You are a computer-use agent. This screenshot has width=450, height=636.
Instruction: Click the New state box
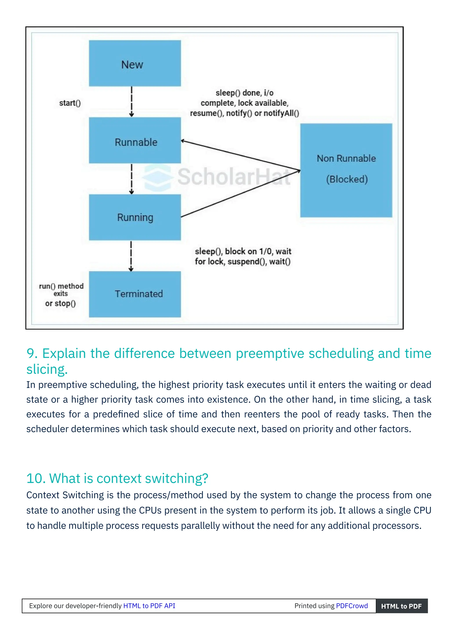point(135,63)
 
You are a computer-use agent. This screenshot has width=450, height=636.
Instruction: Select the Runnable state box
point(135,140)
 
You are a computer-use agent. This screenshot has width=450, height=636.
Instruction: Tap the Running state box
point(135,217)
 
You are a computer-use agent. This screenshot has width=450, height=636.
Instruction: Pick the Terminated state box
point(135,294)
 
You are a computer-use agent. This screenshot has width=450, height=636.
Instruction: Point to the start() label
point(70,103)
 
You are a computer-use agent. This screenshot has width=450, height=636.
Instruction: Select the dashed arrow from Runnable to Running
point(132,179)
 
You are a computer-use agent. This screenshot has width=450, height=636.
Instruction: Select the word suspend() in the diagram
point(247,262)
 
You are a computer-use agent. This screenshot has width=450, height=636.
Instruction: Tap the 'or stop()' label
point(60,304)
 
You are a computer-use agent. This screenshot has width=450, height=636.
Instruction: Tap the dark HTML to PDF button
point(401,606)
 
